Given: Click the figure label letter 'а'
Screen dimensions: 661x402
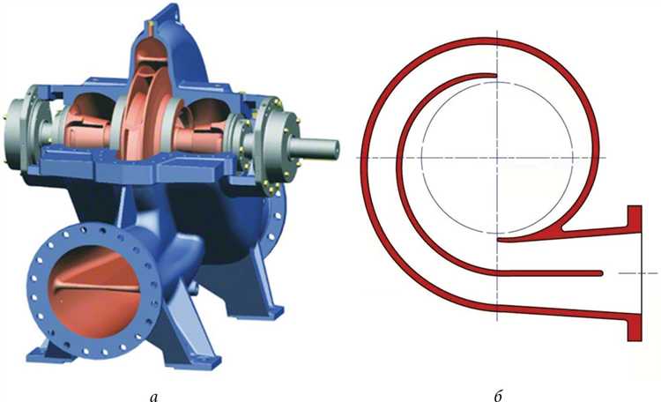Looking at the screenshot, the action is click(154, 396).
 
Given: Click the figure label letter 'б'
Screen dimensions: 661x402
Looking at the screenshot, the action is click(498, 395).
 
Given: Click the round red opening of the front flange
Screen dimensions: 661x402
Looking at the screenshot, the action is click(94, 291).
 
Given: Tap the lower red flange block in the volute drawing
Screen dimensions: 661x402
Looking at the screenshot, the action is click(635, 327).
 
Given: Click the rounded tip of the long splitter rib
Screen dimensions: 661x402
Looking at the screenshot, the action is click(601, 273).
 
